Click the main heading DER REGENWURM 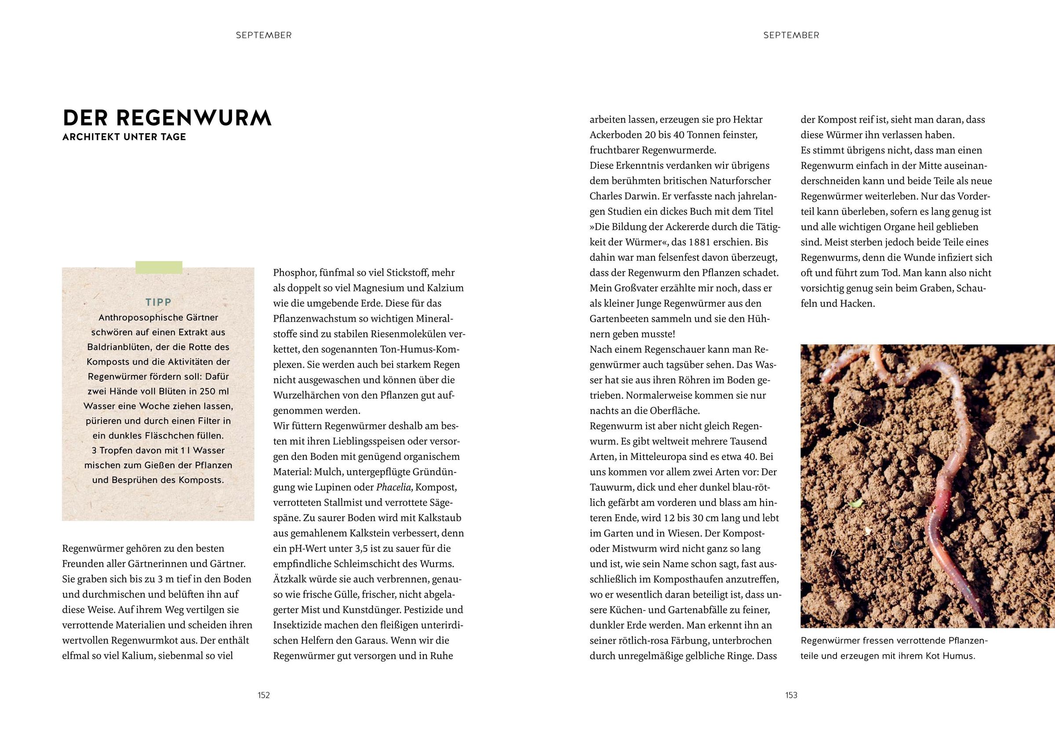[167, 118]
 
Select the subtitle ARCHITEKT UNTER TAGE [124, 137]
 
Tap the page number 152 [264, 695]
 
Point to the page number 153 [791, 695]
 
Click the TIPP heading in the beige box [158, 302]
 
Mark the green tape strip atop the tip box [159, 268]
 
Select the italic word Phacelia [394, 487]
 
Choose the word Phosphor [294, 273]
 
